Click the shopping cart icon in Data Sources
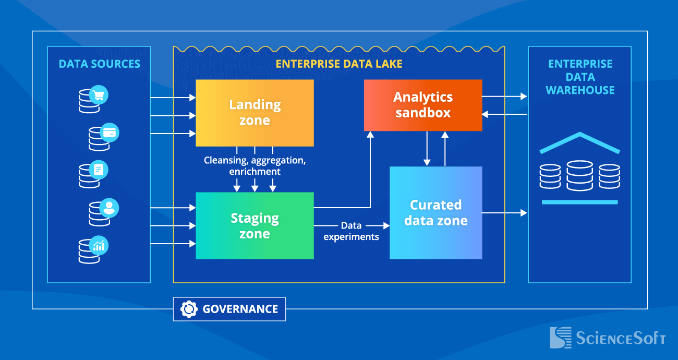(99, 95)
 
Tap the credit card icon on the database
(110, 133)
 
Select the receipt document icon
(99, 170)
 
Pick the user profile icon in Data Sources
(109, 208)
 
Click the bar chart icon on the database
(99, 245)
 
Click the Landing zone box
(255, 113)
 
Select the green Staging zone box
(255, 225)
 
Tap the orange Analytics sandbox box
(423, 105)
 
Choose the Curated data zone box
(435, 212)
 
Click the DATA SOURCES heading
(99, 64)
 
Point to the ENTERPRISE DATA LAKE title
(339, 64)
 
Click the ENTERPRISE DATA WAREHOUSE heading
(580, 77)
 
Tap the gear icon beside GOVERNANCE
(188, 309)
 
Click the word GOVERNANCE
(240, 309)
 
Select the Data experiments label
(351, 231)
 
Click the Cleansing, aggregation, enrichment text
(255, 166)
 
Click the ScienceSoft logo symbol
(560, 338)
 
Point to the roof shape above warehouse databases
(580, 142)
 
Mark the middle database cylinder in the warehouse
(580, 175)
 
